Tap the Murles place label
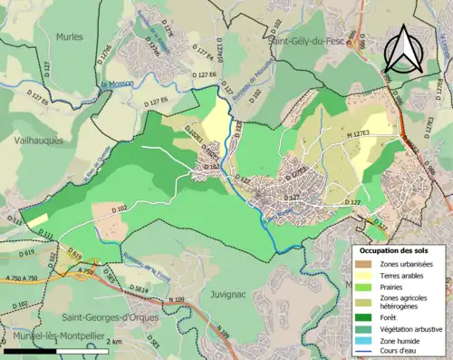click(x=69, y=37)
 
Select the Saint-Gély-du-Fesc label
click(x=308, y=40)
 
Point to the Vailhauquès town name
click(x=35, y=141)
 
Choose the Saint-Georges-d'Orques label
click(x=106, y=317)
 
